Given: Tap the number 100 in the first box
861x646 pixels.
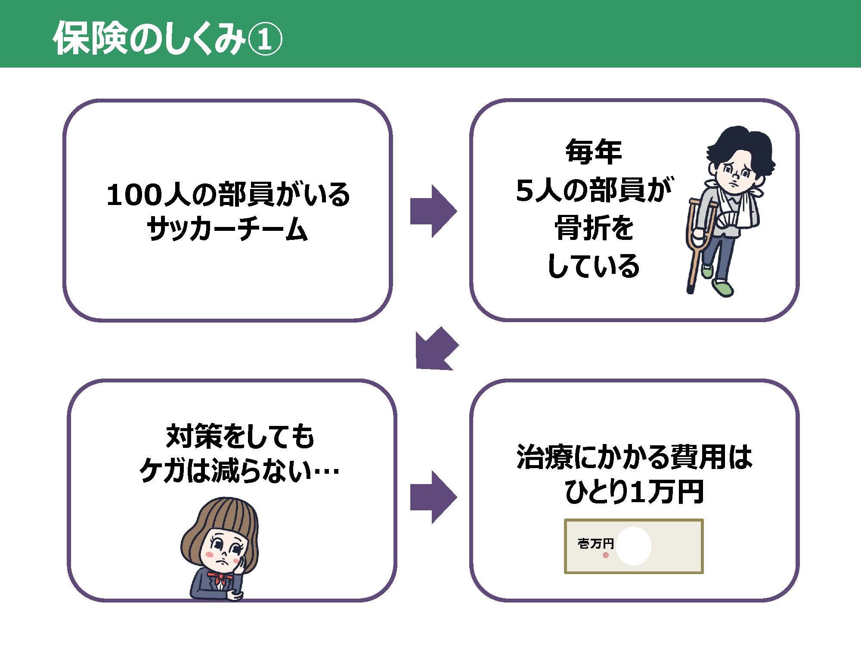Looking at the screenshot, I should tap(134, 195).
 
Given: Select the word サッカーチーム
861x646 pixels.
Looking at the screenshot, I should tap(227, 229).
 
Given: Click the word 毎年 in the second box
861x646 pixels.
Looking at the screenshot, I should tap(594, 152).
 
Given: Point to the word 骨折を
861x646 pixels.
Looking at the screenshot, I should tap(594, 228).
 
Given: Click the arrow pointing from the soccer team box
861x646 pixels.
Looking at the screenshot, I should tap(433, 211).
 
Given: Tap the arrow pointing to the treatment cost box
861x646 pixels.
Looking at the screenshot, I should tap(433, 497).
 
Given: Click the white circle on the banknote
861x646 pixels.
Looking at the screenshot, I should tap(633, 546).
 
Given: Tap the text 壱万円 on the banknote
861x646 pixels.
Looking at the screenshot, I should tap(595, 544).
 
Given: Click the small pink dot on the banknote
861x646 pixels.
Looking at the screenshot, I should tap(606, 555).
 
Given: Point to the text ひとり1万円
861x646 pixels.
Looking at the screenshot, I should tap(634, 492).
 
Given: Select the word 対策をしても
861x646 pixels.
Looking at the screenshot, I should tap(240, 436).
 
